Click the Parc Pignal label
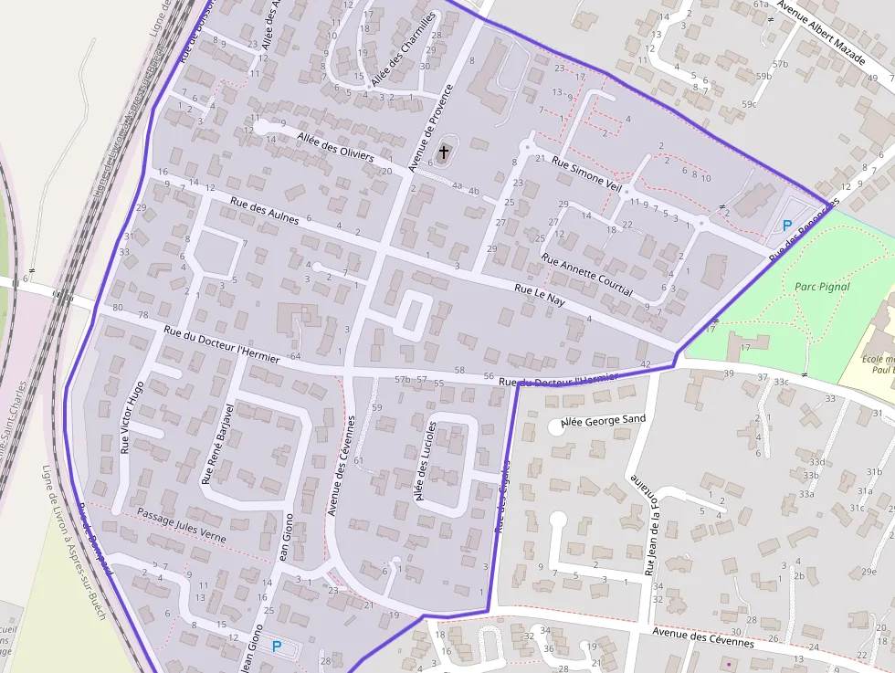tap(822, 286)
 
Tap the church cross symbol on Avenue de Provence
tap(445, 152)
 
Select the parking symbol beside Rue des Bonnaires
tap(787, 225)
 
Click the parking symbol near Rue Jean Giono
tap(277, 647)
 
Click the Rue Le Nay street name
tap(534, 293)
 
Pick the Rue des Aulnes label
tap(264, 211)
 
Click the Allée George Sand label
tap(602, 420)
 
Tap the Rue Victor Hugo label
tap(132, 417)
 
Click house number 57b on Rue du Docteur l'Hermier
tap(402, 378)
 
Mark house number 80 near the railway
tap(117, 308)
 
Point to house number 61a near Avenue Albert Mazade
tap(761, 5)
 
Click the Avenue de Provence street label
tap(430, 128)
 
